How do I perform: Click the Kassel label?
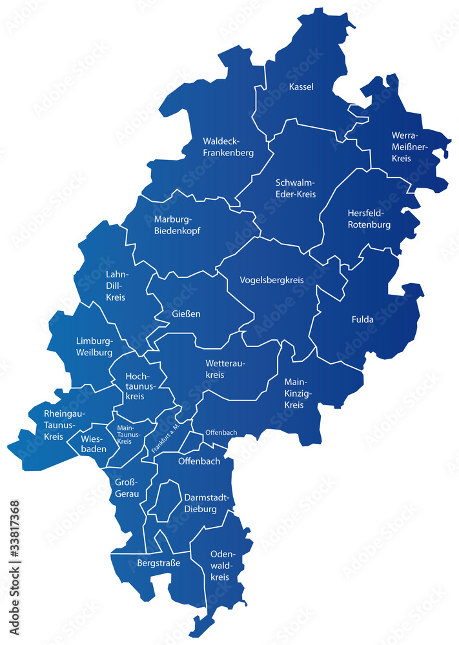point(301,87)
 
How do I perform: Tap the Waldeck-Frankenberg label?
point(228,147)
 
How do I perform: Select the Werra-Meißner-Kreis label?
point(405,147)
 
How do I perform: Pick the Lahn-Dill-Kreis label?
point(116,286)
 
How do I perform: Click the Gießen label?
point(186,314)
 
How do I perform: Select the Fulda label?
point(363,319)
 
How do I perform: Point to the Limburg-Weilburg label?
point(94,346)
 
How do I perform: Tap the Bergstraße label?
point(158,563)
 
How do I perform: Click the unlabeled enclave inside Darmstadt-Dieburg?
point(165,501)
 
